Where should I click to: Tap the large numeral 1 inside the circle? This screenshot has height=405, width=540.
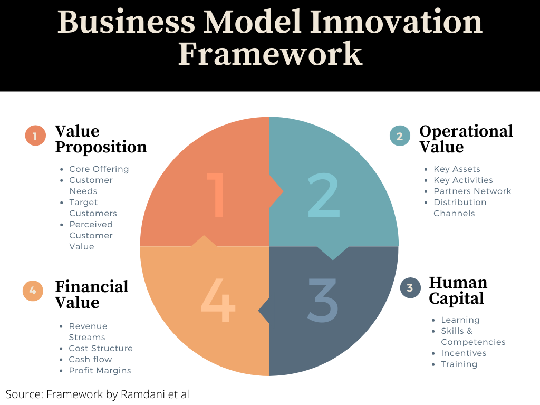[216, 195]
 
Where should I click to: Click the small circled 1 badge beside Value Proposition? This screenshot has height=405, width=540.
[35, 136]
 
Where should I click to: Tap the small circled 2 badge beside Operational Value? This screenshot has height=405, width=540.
[400, 136]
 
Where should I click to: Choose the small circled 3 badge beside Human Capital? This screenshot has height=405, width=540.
[410, 287]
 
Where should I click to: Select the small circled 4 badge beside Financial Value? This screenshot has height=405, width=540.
[33, 291]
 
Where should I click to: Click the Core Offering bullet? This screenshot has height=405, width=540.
[99, 169]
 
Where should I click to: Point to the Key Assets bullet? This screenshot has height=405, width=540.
[457, 169]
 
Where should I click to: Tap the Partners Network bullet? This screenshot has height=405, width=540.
[472, 191]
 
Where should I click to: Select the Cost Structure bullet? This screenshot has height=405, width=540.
[101, 349]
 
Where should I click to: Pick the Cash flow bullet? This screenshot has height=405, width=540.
[90, 360]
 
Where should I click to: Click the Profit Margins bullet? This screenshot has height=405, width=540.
[100, 371]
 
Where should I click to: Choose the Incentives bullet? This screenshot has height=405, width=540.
[464, 353]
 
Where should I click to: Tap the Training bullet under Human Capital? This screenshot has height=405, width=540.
[459, 364]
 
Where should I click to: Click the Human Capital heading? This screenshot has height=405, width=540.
[458, 290]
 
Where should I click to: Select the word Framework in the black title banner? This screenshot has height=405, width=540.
[270, 54]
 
